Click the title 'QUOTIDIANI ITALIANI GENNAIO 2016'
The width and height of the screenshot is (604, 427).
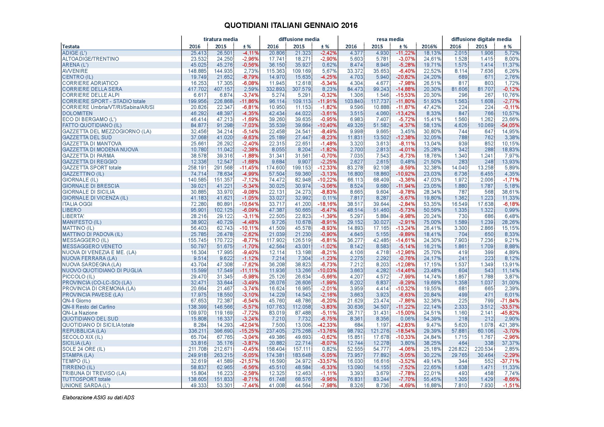pyautogui.click(x=291, y=26)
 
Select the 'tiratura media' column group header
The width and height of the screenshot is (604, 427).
pyautogui.click(x=221, y=39)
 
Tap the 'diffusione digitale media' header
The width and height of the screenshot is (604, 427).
pyautogui.click(x=481, y=39)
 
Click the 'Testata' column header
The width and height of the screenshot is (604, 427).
pyautogui.click(x=71, y=46)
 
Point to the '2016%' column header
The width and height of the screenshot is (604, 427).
pyautogui.click(x=429, y=46)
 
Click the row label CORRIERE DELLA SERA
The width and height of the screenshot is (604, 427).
pyautogui.click(x=92, y=89)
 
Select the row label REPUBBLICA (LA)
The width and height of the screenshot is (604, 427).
pyautogui.click(x=84, y=331)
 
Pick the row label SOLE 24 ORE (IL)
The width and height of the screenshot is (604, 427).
pyautogui.click(x=83, y=349)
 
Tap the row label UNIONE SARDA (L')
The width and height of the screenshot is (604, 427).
pyautogui.click(x=86, y=385)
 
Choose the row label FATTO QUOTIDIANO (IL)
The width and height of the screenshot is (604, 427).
pyautogui.click(x=92, y=126)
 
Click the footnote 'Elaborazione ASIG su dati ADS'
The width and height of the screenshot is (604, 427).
pyautogui.click(x=98, y=398)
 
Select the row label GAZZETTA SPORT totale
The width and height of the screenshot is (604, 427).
pyautogui.click(x=92, y=168)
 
